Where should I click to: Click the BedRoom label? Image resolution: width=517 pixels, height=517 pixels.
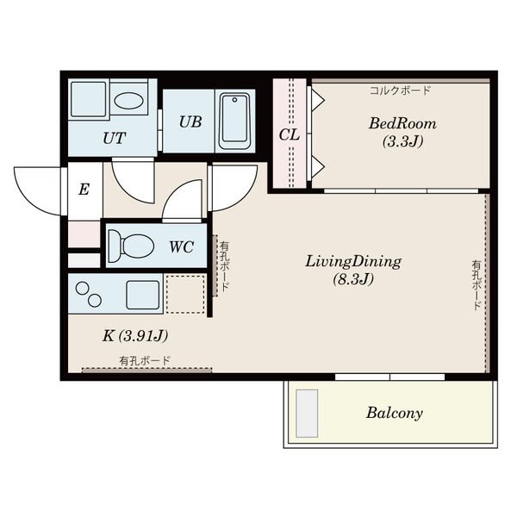pyautogui.click(x=402, y=124)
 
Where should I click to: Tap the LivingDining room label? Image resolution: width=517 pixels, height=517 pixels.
pyautogui.click(x=353, y=261)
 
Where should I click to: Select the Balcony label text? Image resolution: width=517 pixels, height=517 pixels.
pyautogui.click(x=395, y=413)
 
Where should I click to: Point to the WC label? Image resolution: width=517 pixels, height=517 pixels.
pyautogui.click(x=181, y=247)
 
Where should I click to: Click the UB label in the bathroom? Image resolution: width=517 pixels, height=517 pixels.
pyautogui.click(x=190, y=122)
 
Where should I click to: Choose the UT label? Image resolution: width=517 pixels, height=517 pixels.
pyautogui.click(x=114, y=139)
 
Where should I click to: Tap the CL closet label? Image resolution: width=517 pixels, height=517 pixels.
pyautogui.click(x=290, y=135)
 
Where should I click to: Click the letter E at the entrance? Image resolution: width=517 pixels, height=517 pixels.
pyautogui.click(x=84, y=190)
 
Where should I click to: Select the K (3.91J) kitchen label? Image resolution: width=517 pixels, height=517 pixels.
pyautogui.click(x=135, y=336)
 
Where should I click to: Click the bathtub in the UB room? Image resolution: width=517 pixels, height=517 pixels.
pyautogui.click(x=235, y=121)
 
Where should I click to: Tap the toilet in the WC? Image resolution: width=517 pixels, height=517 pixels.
pyautogui.click(x=131, y=246)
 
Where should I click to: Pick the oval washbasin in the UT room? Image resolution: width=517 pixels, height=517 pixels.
pyautogui.click(x=128, y=100)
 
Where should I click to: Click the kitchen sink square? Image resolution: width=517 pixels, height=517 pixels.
pyautogui.click(x=143, y=295)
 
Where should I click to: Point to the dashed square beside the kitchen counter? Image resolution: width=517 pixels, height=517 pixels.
pyautogui.click(x=185, y=294)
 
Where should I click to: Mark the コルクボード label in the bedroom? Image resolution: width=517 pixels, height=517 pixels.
pyautogui.click(x=400, y=90)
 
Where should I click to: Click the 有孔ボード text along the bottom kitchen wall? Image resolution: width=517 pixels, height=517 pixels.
pyautogui.click(x=145, y=361)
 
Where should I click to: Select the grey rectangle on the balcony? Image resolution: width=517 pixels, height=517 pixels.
pyautogui.click(x=307, y=414)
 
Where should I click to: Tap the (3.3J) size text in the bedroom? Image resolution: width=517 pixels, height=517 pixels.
pyautogui.click(x=402, y=142)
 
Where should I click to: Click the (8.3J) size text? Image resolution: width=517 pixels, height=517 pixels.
pyautogui.click(x=353, y=279)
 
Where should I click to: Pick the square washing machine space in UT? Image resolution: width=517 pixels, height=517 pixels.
pyautogui.click(x=89, y=99)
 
